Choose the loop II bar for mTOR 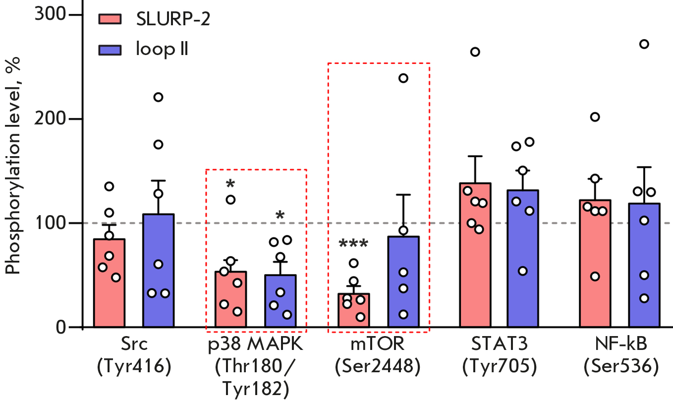[x=403, y=297]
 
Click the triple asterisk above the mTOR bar [x=353, y=244]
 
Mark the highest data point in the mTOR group [x=403, y=78]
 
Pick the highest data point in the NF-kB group [x=644, y=44]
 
